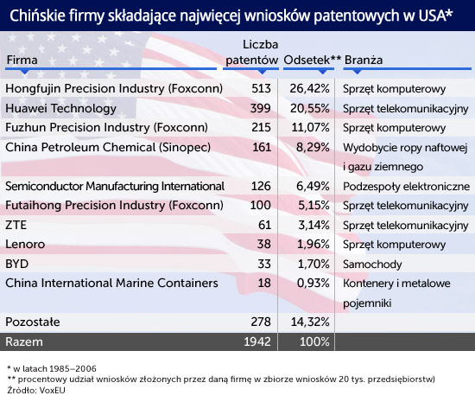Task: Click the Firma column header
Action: [22, 60]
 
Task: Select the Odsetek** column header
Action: [313, 60]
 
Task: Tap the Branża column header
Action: [364, 60]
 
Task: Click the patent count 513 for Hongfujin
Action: [261, 88]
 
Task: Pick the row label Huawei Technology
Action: [61, 109]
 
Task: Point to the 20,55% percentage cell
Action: [309, 109]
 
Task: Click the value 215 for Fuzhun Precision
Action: [261, 128]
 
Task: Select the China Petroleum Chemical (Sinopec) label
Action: [108, 147]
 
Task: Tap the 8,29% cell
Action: [313, 147]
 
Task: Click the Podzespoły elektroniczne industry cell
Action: [406, 187]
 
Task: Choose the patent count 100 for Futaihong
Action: [261, 205]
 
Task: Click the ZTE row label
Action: [16, 225]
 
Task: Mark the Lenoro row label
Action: [25, 245]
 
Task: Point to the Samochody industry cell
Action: [372, 265]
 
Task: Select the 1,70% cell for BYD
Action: [313, 264]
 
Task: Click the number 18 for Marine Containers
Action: [264, 283]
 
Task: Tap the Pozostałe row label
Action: [33, 322]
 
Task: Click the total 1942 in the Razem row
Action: [257, 341]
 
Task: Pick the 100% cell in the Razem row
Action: [314, 341]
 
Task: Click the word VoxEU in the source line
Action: [52, 390]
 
